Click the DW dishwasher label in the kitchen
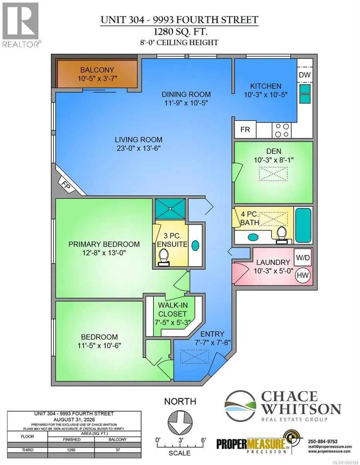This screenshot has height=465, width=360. coord(304,75)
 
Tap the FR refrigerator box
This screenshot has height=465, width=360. coord(245,129)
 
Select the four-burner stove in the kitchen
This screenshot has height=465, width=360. coord(282,130)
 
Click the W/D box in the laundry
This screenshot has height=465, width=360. coord(302,258)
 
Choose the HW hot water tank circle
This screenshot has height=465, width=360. coord(303,275)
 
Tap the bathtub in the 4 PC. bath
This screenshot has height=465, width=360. coord(303,226)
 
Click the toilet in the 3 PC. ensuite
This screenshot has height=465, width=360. coord(164,257)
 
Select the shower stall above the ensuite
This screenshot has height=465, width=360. coord(170,208)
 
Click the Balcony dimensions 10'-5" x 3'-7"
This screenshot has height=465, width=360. coord(97,79)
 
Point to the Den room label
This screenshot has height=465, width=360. coord(274,151)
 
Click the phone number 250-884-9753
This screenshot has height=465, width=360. coord(322,441)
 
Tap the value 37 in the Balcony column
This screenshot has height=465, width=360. coord(118,456)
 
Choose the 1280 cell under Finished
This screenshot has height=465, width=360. coord(71,456)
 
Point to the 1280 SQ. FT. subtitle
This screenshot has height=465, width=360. coord(180,32)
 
